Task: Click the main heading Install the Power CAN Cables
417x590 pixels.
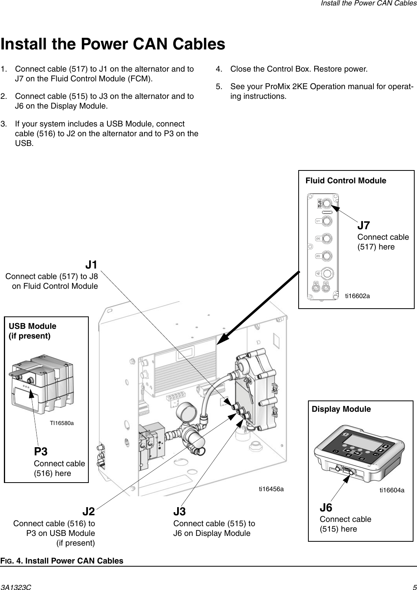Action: (113, 44)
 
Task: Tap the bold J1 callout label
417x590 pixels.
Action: (91, 265)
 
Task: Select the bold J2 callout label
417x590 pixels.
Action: (88, 511)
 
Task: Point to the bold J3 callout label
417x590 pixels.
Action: (179, 511)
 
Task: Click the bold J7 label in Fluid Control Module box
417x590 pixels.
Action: (364, 226)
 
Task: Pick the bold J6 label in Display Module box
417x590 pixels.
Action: (326, 508)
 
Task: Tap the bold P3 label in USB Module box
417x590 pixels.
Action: (41, 452)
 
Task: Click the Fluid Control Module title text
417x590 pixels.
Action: (346, 181)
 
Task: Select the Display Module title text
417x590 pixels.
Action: (341, 409)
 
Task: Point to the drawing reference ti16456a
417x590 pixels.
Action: (271, 488)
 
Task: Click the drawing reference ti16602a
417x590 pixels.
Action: (357, 296)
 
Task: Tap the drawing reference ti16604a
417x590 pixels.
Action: (392, 490)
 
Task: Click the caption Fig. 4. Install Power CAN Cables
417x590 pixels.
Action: (62, 561)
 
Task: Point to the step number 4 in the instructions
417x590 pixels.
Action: (219, 69)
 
